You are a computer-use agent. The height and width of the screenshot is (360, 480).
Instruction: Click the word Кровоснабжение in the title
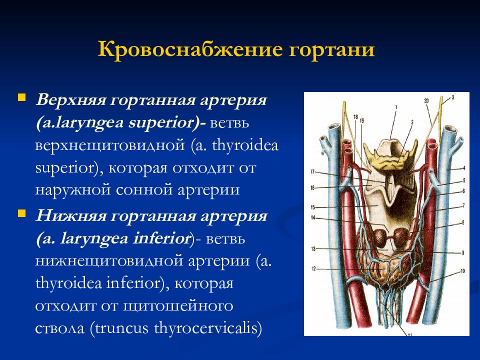point(190,49)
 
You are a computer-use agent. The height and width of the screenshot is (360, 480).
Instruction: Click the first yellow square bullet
point(21,97)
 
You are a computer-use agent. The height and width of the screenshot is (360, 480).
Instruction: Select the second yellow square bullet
point(21,213)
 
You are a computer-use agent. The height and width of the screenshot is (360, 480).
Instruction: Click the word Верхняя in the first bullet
point(71,100)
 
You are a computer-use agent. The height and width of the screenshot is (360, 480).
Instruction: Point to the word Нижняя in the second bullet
point(71,216)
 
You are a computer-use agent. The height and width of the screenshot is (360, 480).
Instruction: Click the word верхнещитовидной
point(110,145)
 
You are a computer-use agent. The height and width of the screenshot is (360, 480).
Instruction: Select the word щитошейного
point(178,306)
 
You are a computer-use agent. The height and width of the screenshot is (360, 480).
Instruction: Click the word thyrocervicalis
point(208,328)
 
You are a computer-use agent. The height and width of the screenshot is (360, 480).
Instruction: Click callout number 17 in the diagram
point(312,171)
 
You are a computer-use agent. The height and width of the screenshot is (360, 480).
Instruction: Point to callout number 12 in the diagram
point(313,269)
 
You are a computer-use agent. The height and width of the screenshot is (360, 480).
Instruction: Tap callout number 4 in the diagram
point(464,168)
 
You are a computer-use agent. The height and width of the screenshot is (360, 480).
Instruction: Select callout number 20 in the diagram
point(426,100)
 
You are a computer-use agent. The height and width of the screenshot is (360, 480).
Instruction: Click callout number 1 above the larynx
point(396,107)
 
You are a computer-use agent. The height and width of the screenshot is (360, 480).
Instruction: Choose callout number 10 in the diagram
point(462,271)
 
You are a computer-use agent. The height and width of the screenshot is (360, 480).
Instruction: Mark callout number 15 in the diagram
point(313,207)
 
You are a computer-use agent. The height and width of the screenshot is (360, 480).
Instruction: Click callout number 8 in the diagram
point(463,223)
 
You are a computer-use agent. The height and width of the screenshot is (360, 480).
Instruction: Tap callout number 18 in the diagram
point(355,117)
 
